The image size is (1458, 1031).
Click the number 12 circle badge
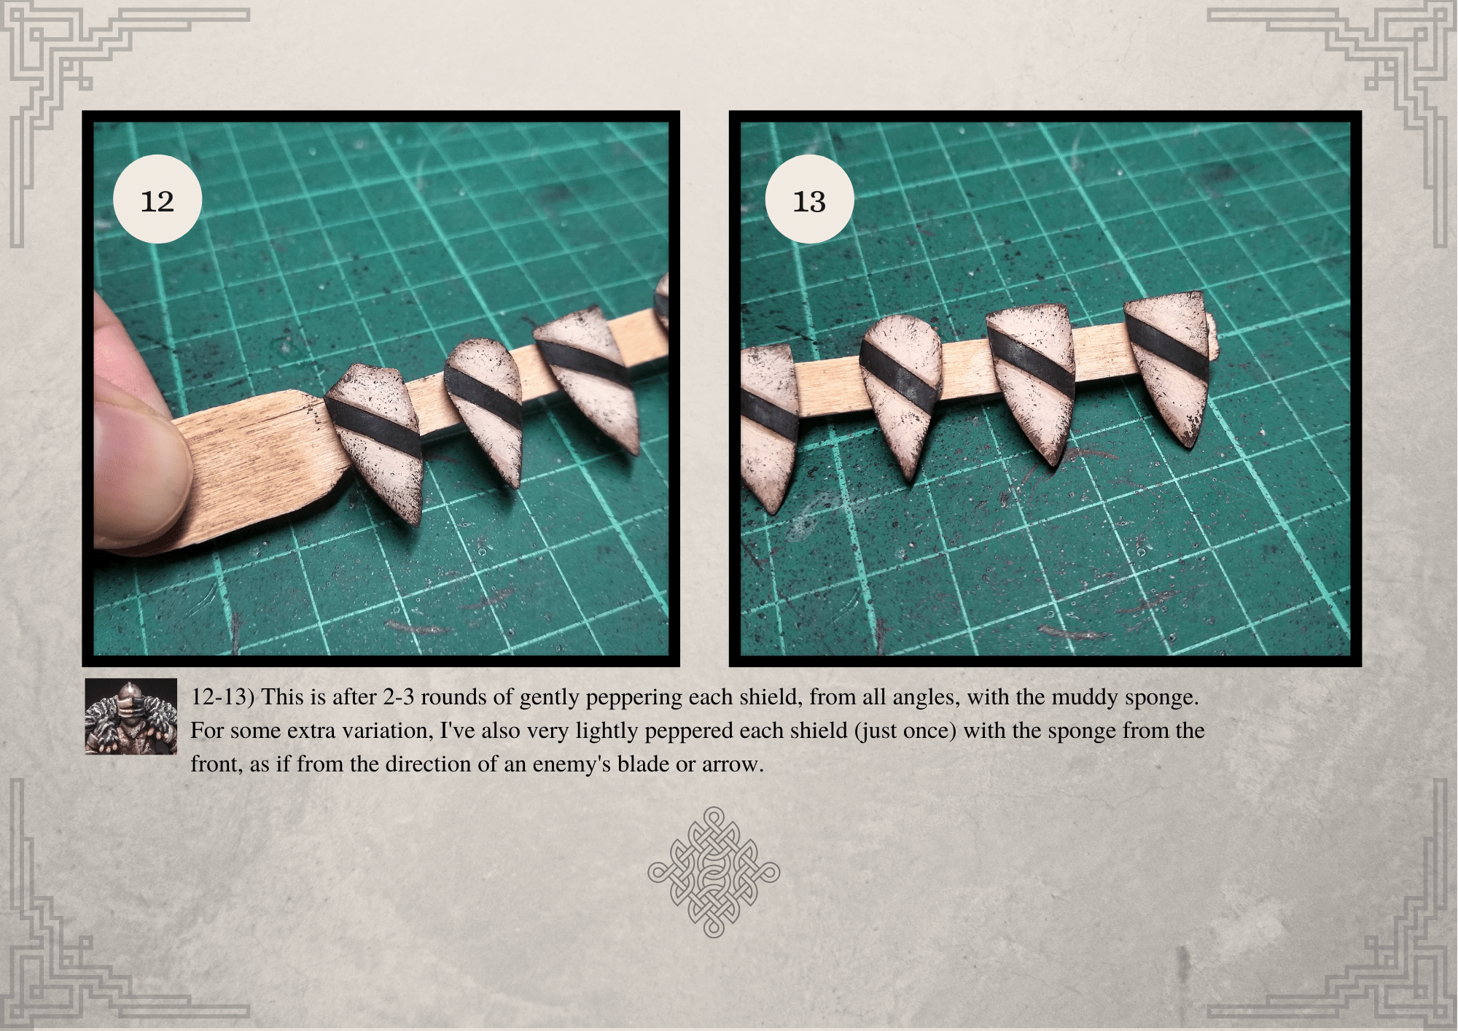point(157,199)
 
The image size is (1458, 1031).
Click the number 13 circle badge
point(808,199)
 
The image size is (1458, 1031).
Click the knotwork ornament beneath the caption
point(714,871)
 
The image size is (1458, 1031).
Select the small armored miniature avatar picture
point(131,716)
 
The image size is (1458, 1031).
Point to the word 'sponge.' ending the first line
point(1161,698)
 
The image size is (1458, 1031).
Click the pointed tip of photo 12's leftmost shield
point(413,520)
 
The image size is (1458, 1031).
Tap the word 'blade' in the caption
point(644,765)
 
